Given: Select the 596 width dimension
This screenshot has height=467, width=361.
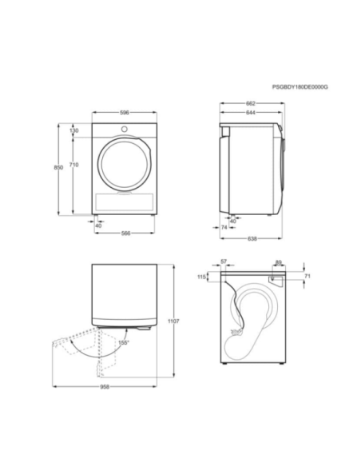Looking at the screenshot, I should [125, 113].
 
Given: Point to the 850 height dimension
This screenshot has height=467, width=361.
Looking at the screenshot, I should [58, 167].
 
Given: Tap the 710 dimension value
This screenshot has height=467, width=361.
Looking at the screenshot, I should [74, 164].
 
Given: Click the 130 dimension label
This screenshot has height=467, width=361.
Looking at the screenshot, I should [74, 130].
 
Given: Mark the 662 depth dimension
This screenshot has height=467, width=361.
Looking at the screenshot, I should [250, 104].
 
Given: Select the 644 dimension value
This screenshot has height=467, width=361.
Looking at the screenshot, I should [250, 113].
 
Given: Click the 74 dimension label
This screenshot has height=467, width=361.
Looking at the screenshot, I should [224, 228].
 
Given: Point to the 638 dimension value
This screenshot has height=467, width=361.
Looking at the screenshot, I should [252, 237].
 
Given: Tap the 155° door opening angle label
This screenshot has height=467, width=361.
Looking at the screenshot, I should [123, 343].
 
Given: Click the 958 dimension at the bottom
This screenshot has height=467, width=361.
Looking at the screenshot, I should [104, 386].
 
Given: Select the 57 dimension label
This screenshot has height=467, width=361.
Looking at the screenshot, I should [224, 261].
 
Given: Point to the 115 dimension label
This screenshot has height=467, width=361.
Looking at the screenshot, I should [202, 277].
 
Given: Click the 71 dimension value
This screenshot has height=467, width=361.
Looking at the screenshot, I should [307, 276].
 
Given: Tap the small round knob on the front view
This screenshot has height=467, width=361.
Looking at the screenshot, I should [125, 129].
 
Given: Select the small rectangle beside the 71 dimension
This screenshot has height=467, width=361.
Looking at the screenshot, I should [276, 278].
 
